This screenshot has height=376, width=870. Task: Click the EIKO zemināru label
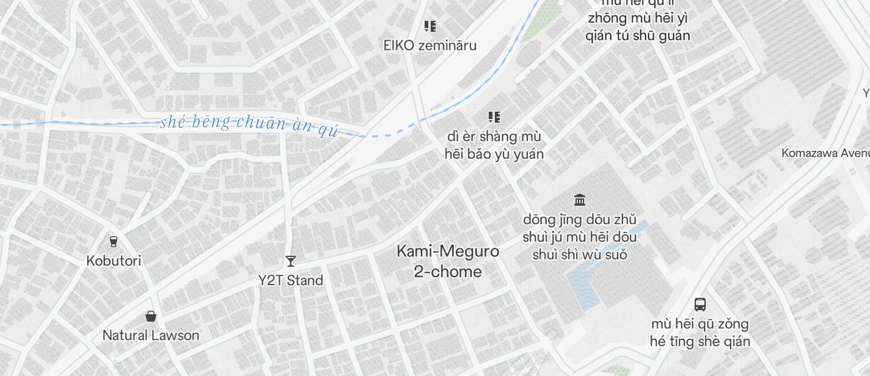coord(430,45)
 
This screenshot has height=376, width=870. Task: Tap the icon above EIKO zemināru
coord(430,26)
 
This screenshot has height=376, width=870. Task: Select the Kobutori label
coord(114,261)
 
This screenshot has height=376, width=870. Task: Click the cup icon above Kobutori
coord(113,241)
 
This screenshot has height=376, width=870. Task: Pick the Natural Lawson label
coord(151,335)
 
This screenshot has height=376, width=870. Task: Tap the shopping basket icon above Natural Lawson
coord(151,316)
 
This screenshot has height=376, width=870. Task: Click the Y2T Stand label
coord(290,280)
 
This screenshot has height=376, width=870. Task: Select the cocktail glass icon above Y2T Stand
coord(291,261)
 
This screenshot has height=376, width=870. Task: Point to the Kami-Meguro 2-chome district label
coord(448,261)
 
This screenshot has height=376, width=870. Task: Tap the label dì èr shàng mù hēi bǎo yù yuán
coord(494,145)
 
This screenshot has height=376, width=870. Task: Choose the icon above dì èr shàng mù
coord(494,117)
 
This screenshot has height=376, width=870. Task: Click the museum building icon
coord(580,200)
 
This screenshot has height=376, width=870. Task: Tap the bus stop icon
coord(700,304)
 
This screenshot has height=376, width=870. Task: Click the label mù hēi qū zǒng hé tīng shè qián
coord(700,332)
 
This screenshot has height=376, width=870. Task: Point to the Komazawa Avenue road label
coord(825,153)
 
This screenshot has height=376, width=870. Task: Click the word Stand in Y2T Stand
coord(305,280)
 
